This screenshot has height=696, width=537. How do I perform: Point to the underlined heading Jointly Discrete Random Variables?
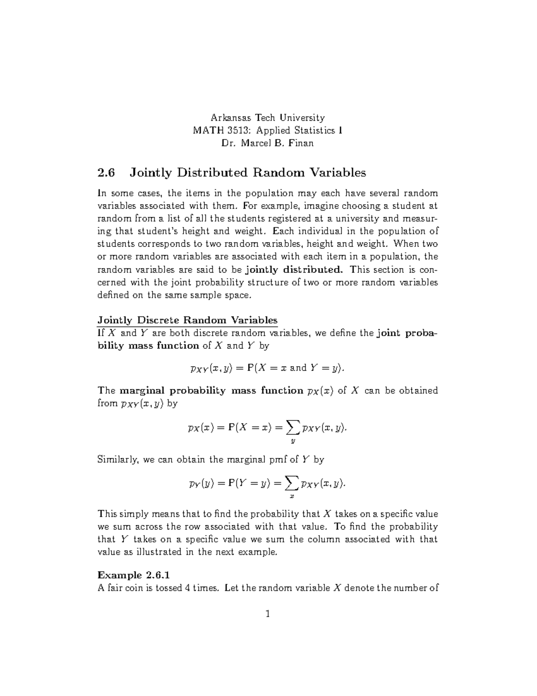188,320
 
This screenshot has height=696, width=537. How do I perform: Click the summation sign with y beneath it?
293,428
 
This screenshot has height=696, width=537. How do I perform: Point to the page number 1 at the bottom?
268,614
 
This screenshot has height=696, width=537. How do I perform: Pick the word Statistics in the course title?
315,130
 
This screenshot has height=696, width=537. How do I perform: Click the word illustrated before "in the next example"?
159,552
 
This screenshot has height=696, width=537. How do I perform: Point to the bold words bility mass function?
148,346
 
